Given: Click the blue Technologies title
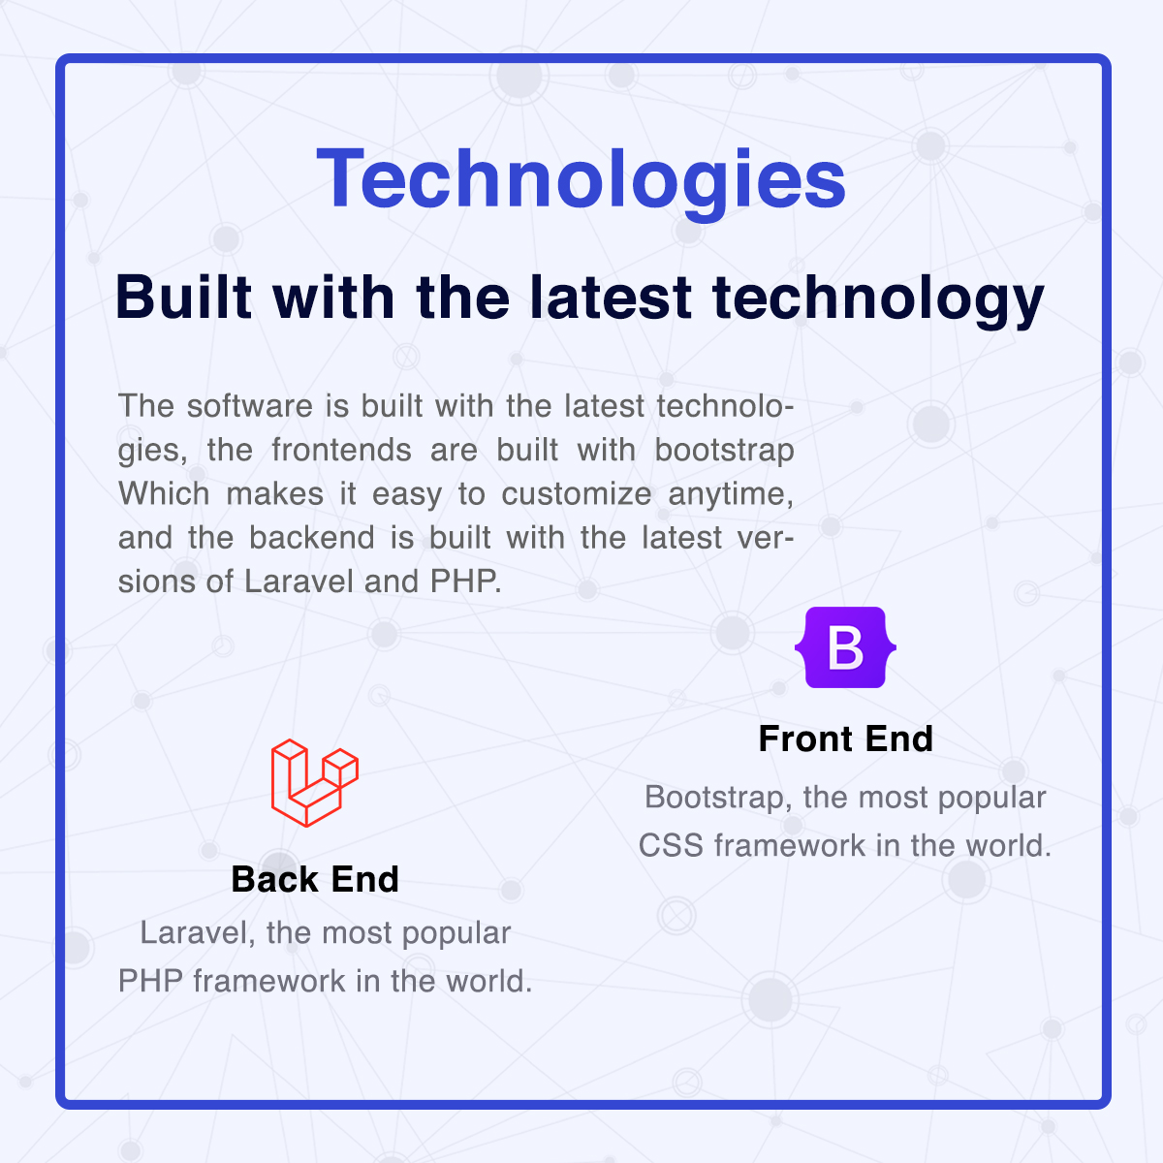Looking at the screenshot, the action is click(581, 179).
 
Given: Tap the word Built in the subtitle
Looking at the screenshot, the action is click(183, 297).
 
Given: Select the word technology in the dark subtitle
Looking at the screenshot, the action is click(878, 300).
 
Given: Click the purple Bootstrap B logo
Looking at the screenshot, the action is click(845, 647).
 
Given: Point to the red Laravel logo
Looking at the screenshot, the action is click(314, 783).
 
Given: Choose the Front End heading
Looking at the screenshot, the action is click(845, 739).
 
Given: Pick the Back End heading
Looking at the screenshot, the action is click(315, 879).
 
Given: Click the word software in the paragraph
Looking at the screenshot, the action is click(250, 405).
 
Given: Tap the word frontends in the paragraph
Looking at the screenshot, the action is click(341, 450).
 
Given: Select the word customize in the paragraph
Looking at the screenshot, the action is click(577, 493).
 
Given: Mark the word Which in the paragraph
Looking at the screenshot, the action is click(164, 493).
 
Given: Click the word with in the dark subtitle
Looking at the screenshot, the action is click(333, 297).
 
